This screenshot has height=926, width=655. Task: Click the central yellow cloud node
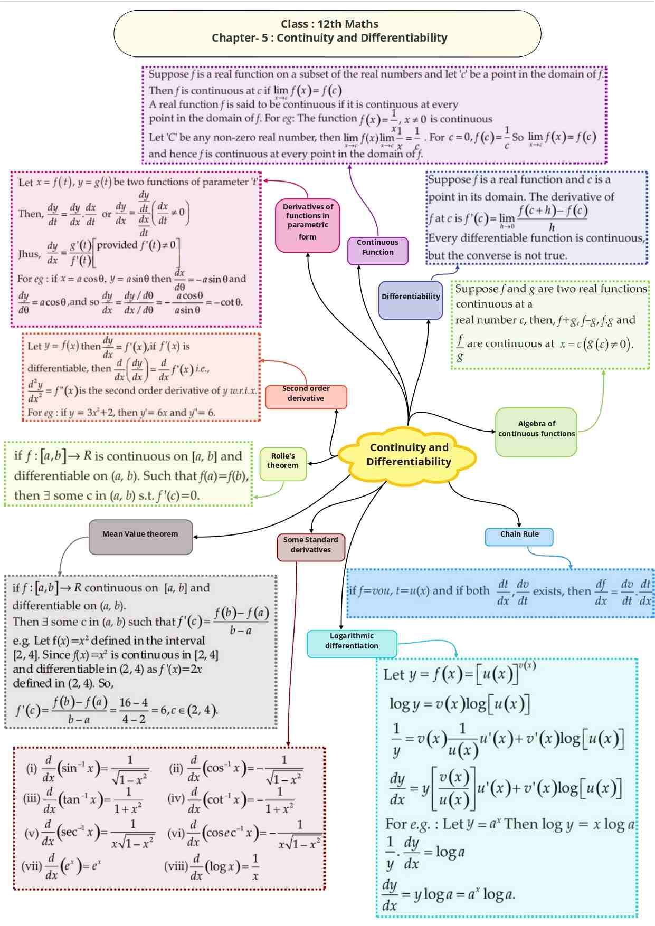[x=408, y=455]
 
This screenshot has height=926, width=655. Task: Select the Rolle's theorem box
[x=283, y=461]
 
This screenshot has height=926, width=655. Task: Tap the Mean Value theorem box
[x=140, y=535]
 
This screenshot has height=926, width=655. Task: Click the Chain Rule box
[x=519, y=535]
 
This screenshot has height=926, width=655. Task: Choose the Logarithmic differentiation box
[x=352, y=642]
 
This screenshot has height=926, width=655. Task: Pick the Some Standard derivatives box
[x=310, y=546]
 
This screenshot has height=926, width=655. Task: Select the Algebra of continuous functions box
[x=536, y=429]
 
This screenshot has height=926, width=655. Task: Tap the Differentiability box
[x=411, y=298]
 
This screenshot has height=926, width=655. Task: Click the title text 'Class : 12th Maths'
[x=329, y=24]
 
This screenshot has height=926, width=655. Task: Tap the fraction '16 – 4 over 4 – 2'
[x=134, y=711]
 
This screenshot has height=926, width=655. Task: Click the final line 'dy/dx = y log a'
[x=449, y=895]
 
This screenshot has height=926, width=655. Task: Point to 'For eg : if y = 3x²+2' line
[x=121, y=413]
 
